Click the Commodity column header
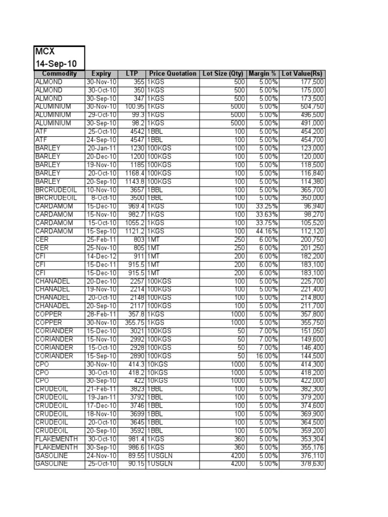[59, 74]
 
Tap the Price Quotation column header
[173, 74]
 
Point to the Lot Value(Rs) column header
[302, 74]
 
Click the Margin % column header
[263, 74]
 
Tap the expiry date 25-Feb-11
[102, 240]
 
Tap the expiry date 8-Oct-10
[104, 198]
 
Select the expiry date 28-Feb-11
[102, 314]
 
